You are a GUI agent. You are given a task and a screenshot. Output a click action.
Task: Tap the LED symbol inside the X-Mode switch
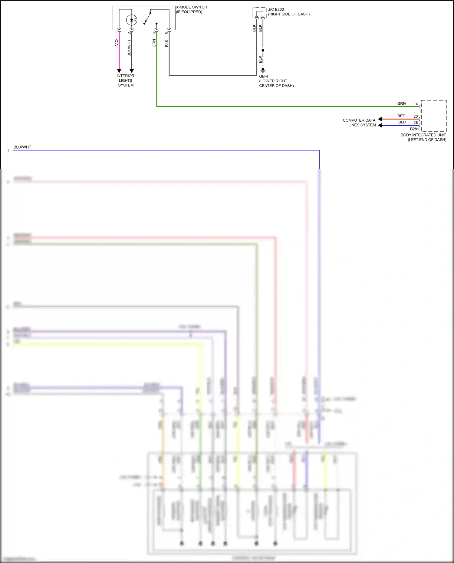[x=132, y=20]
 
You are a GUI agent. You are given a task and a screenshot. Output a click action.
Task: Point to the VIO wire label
[x=117, y=43]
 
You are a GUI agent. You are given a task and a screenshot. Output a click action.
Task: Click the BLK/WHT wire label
[x=129, y=48]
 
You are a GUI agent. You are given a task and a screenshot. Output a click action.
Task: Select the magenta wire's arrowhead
[x=119, y=71]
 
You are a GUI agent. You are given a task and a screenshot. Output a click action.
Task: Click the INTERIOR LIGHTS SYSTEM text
[x=126, y=80]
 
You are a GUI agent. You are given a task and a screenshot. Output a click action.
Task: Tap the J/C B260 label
[x=276, y=9]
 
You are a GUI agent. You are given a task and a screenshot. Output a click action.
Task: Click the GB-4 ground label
[x=263, y=76]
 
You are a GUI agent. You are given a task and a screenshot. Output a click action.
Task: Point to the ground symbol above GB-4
[x=263, y=70]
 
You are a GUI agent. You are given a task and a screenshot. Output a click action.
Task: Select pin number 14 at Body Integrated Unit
[x=416, y=104]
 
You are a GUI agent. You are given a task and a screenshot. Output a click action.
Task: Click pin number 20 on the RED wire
[x=416, y=116]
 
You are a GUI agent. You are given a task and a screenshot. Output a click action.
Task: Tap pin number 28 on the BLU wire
[x=416, y=123]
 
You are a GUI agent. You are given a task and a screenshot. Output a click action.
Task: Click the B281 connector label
[x=414, y=129]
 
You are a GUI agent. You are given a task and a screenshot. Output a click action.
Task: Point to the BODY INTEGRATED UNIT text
[x=423, y=135]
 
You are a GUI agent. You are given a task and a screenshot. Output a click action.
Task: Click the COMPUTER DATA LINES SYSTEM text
[x=359, y=123]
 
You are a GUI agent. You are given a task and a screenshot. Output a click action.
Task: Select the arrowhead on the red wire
[x=380, y=119]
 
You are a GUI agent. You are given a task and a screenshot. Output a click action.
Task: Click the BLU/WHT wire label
[x=22, y=147]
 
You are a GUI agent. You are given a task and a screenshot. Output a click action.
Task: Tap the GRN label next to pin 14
[x=401, y=103]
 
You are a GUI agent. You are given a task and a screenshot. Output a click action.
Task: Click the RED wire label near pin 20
[x=401, y=116]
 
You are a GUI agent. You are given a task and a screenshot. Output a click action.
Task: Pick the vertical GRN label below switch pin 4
[x=154, y=43]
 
